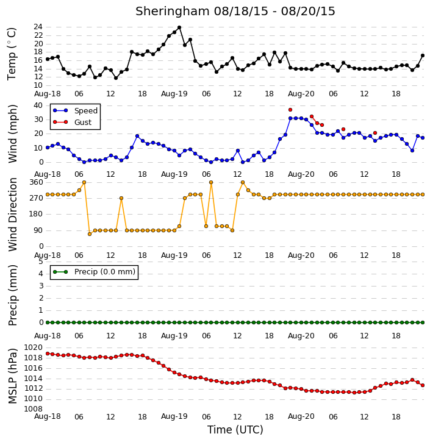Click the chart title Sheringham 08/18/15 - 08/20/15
pyautogui.click(x=235, y=11)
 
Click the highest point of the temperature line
pyautogui.click(x=179, y=27)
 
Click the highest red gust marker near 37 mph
pyautogui.click(x=290, y=110)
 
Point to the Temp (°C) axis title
pyautogui.click(x=12, y=54)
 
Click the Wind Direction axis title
pyautogui.click(x=12, y=215)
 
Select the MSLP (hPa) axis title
pyautogui.click(x=12, y=376)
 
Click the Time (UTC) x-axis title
pyautogui.click(x=235, y=430)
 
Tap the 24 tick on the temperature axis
pyautogui.click(x=38, y=27)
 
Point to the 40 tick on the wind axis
pyautogui.click(x=38, y=105)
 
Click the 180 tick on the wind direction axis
pyautogui.click(x=37, y=214)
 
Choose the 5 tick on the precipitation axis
pyautogui.click(x=41, y=262)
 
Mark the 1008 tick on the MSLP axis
pyautogui.click(x=34, y=409)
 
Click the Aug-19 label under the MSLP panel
pyautogui.click(x=174, y=416)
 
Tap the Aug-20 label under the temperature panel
pyautogui.click(x=301, y=94)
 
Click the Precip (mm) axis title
pyautogui.click(x=12, y=296)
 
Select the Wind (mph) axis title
pyautogui.click(x=12, y=134)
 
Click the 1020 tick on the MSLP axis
pyautogui.click(x=34, y=348)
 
